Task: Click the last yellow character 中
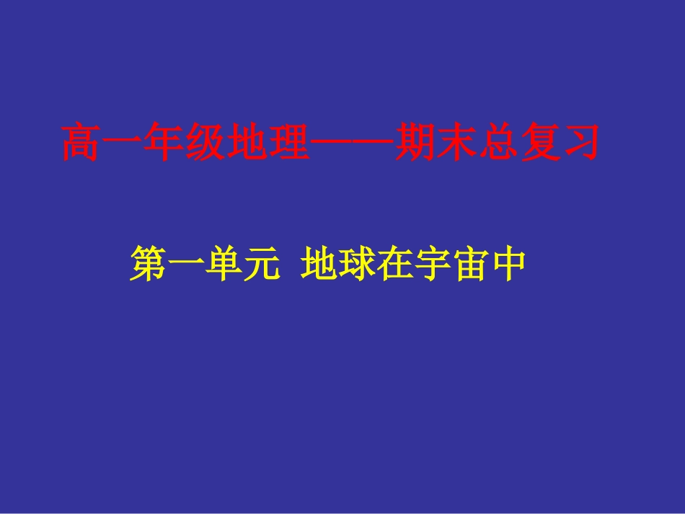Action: tap(504, 264)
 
